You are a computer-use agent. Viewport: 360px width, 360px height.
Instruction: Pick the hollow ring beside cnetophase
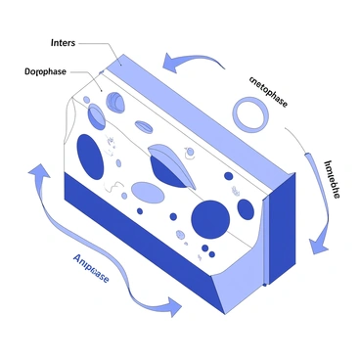[x=249, y=114]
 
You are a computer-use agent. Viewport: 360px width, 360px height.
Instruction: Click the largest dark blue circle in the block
[x=210, y=217]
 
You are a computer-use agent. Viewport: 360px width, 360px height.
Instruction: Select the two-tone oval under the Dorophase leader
[x=97, y=116]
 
